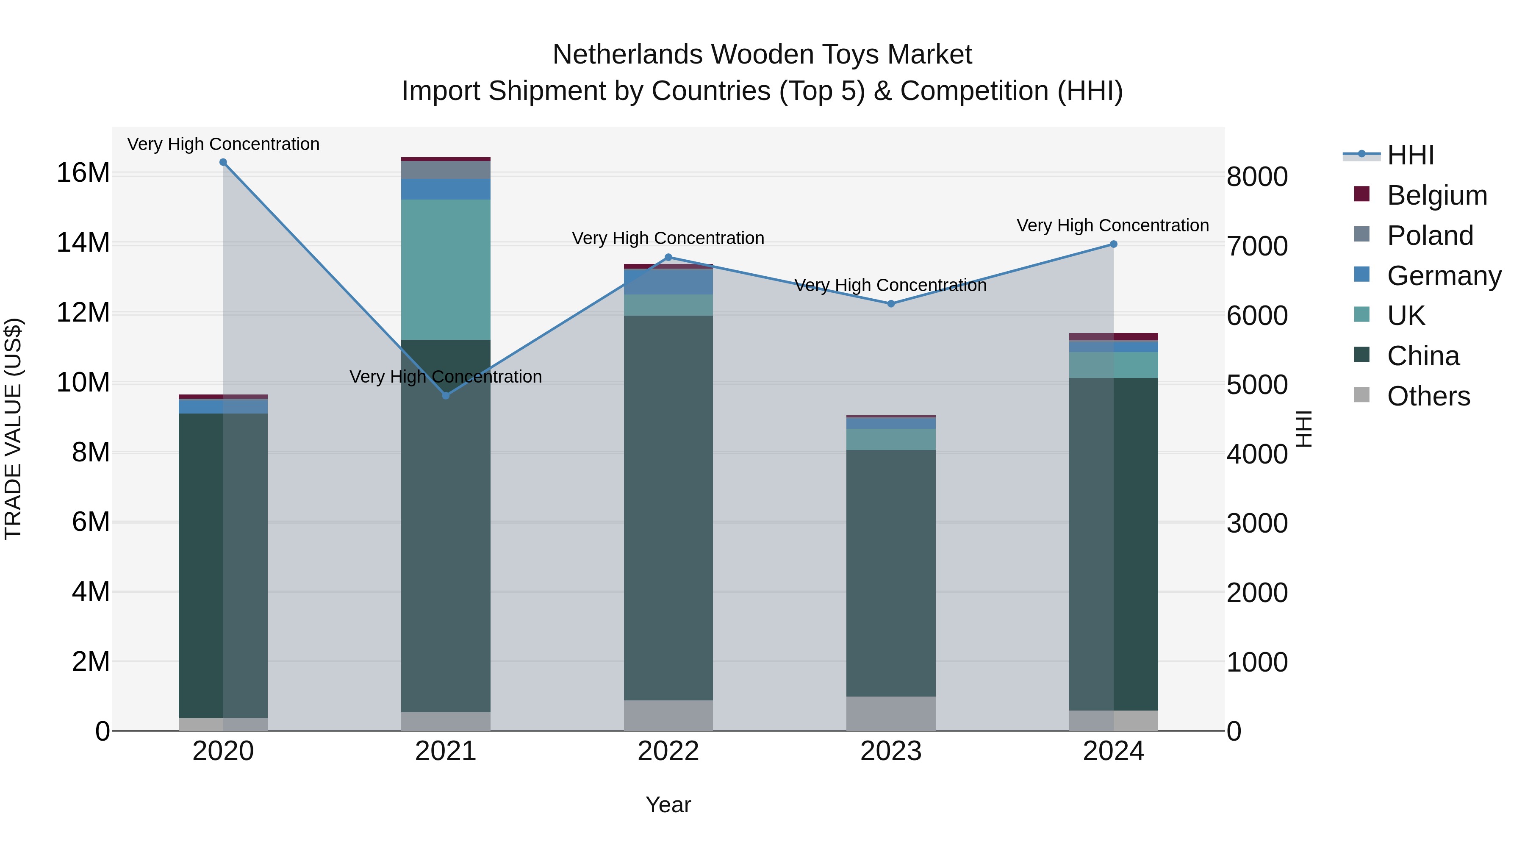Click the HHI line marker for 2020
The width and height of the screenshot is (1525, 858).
click(223, 162)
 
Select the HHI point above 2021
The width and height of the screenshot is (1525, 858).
click(446, 396)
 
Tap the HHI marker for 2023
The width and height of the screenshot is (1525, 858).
click(891, 304)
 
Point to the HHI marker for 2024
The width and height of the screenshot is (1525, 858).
click(1114, 244)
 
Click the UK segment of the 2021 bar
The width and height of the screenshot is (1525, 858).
click(446, 269)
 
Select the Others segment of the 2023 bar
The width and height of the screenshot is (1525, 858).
click(891, 714)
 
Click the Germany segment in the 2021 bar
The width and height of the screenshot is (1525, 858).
click(446, 189)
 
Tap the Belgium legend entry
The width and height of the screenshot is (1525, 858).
click(1437, 195)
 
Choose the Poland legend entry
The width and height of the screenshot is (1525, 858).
click(1430, 236)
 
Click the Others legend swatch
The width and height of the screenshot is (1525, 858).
click(1361, 395)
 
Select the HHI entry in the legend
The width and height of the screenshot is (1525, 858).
click(1410, 155)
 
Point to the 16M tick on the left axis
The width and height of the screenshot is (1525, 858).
click(83, 173)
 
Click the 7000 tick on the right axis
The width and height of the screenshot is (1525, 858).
click(1257, 246)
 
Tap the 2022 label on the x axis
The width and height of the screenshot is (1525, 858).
click(668, 751)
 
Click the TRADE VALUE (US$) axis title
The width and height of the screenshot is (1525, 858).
click(13, 429)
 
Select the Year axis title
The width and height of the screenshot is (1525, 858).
click(668, 805)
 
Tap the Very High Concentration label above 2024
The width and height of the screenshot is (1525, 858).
click(1112, 225)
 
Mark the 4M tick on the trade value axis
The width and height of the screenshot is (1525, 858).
click(91, 591)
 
